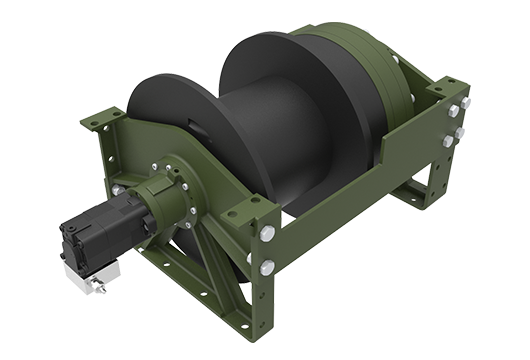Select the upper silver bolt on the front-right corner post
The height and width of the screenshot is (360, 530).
[x=268, y=234]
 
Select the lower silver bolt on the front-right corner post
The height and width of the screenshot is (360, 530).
[x=267, y=267]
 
